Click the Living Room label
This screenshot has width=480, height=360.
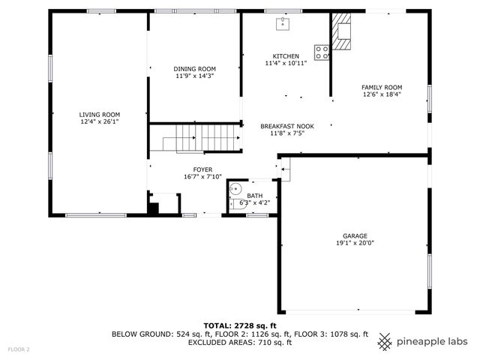click(100, 114)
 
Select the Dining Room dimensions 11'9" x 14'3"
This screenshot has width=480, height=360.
click(195, 76)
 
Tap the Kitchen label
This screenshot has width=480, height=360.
click(286, 56)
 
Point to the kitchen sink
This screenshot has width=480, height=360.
click(283, 23)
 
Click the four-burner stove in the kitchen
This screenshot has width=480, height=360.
click(322, 52)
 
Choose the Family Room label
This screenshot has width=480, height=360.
click(382, 87)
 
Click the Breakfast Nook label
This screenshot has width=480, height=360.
click(286, 127)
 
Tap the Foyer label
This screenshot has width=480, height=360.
click(202, 169)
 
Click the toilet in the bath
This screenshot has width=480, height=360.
click(235, 190)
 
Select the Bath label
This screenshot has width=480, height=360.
click(255, 195)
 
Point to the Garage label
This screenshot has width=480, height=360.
click(355, 235)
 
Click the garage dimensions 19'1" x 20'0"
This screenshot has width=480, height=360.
click(355, 242)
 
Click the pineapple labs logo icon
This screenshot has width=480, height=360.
click(385, 341)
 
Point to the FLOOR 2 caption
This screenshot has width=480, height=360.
click(19, 349)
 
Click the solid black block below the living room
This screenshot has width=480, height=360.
click(153, 208)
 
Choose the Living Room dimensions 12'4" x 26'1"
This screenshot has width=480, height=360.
click(100, 121)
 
